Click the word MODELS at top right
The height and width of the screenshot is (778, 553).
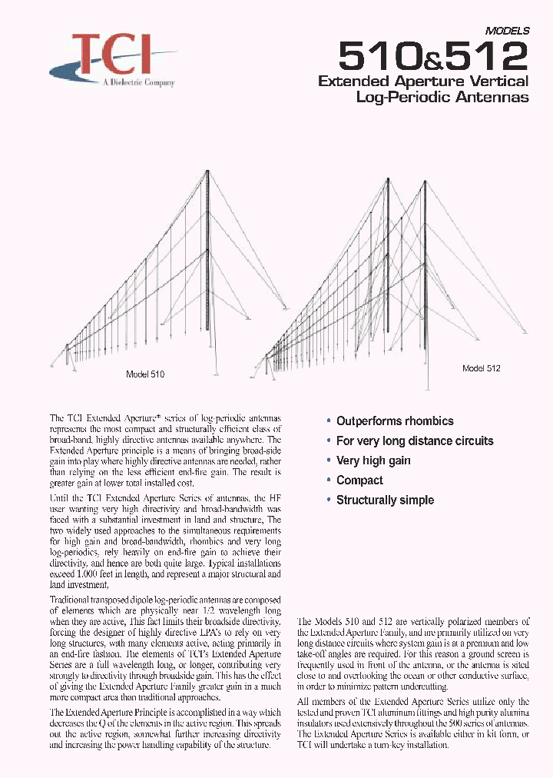[x=507, y=32]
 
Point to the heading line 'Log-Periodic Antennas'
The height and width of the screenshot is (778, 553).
[x=442, y=97]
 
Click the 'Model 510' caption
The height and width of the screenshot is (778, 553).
[x=144, y=374]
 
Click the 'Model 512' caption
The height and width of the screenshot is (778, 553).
[x=481, y=368]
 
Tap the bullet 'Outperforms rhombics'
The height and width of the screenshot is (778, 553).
[x=394, y=421]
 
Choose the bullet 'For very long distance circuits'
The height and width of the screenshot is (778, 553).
[x=414, y=441]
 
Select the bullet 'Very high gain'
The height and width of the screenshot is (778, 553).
[x=373, y=460]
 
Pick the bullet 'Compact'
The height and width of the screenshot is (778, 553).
[x=359, y=480]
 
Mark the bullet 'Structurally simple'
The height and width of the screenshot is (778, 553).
[x=384, y=500]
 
